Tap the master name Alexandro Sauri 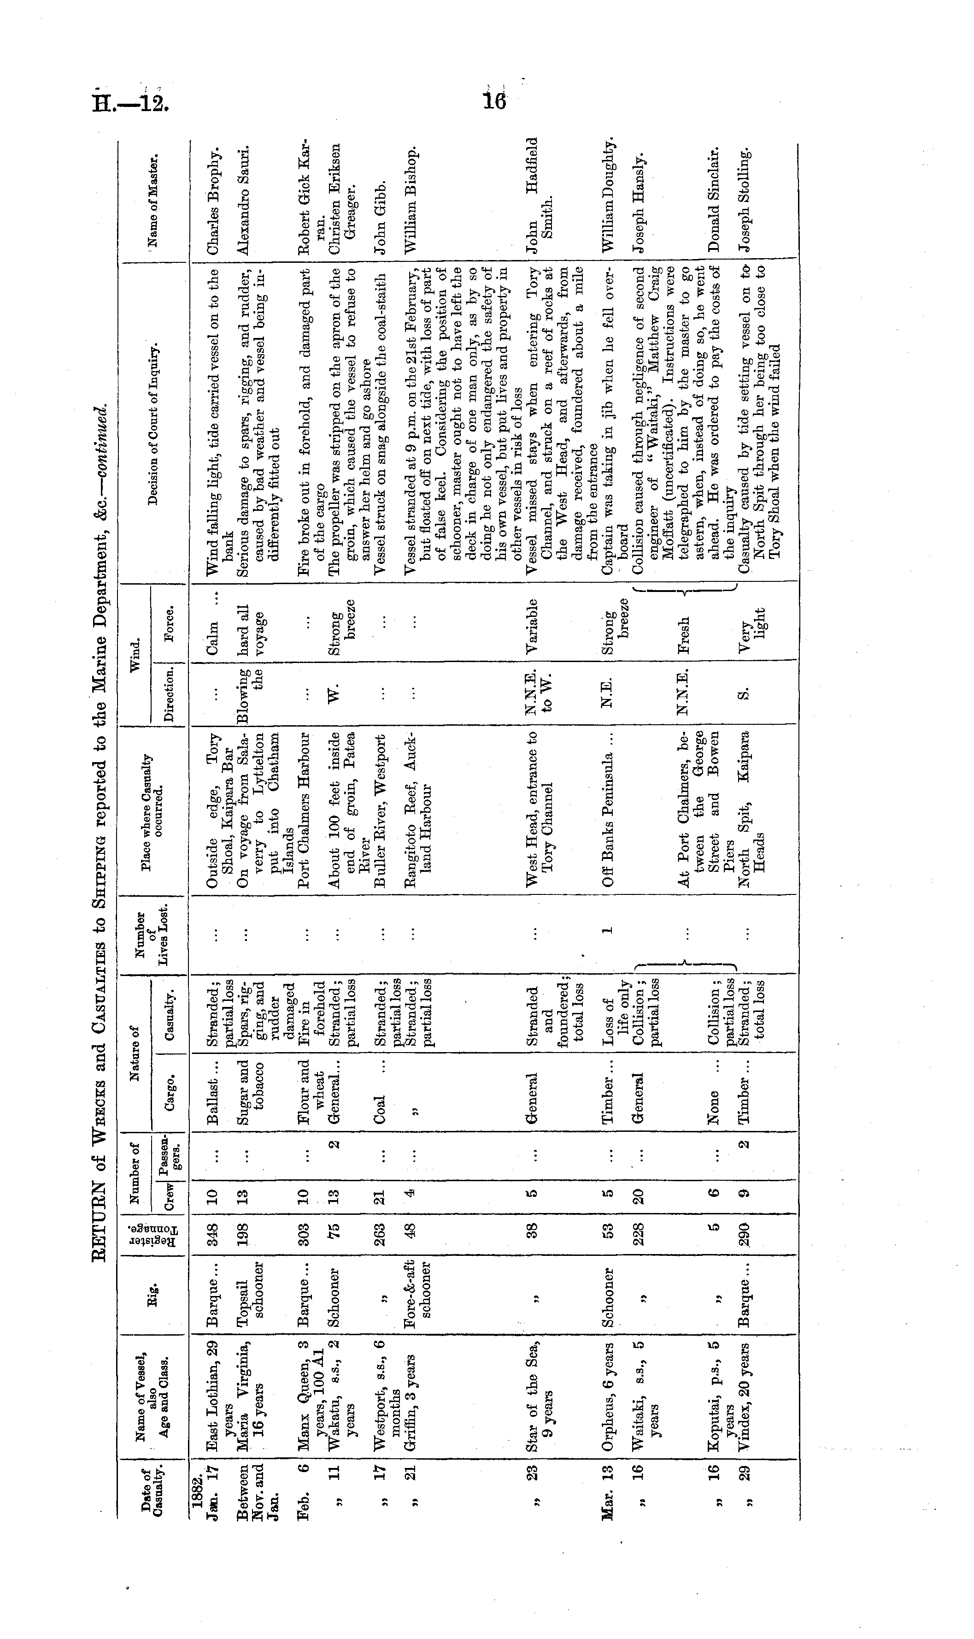pos(243,200)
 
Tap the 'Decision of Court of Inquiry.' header pos(153,424)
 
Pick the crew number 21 pos(379,1193)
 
